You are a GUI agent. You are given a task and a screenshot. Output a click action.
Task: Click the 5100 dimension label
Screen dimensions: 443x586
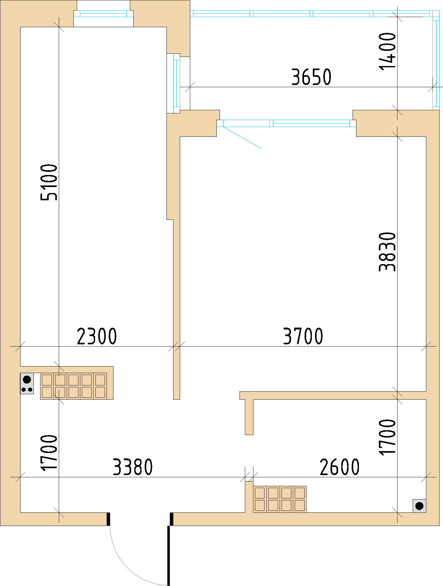click(49, 182)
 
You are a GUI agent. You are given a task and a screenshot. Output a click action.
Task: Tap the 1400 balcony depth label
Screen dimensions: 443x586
click(387, 51)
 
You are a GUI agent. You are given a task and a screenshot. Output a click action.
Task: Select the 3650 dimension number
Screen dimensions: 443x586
click(311, 77)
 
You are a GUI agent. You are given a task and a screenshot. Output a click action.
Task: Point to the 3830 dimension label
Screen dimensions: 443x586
click(387, 252)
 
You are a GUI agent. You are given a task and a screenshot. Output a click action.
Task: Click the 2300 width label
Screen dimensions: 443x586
click(97, 336)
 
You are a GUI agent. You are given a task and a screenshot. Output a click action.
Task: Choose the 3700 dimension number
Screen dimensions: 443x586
click(303, 336)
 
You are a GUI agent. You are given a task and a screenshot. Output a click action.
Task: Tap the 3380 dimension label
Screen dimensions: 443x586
click(133, 467)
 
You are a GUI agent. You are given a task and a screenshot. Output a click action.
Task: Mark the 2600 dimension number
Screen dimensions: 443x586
click(340, 467)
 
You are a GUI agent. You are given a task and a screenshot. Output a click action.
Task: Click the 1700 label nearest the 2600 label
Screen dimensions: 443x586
click(387, 437)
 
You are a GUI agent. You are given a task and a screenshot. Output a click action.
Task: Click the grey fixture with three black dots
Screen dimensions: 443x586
click(27, 383)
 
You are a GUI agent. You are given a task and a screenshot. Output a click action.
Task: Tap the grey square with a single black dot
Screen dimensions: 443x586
click(419, 506)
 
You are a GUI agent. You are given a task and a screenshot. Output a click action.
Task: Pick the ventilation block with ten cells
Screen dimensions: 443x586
click(73, 386)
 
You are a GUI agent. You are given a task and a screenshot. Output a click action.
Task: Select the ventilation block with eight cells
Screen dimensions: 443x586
click(280, 499)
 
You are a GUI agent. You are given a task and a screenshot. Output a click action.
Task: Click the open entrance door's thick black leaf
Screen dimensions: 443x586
click(169, 555)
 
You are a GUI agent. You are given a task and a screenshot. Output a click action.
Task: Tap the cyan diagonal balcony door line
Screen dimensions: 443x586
click(242, 137)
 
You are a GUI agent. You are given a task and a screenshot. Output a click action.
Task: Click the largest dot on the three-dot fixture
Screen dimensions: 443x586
click(27, 379)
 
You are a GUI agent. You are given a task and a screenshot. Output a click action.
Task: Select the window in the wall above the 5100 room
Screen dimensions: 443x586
click(103, 13)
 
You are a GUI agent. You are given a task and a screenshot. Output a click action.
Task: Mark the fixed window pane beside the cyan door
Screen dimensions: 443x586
click(311, 123)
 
